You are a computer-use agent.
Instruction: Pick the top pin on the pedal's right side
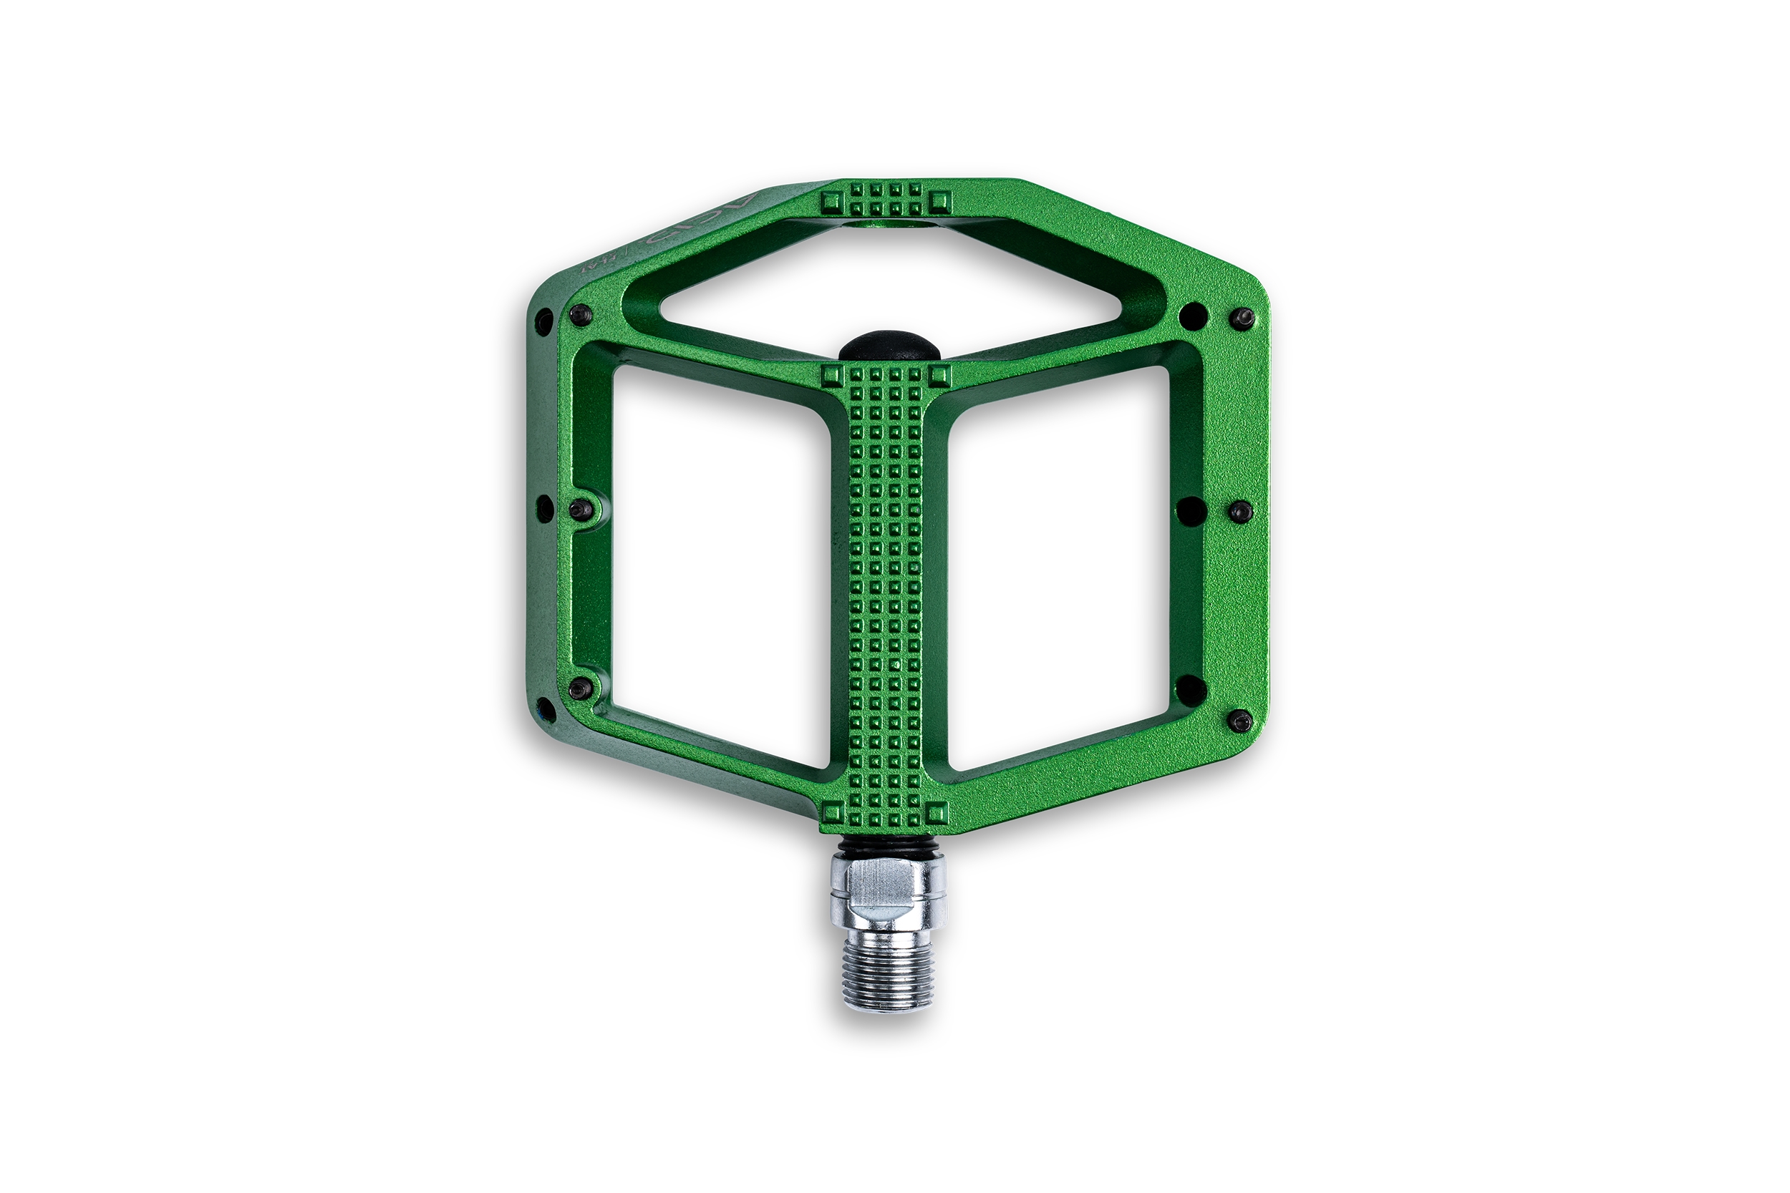tap(1242, 317)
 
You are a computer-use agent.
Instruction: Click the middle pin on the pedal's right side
tap(1241, 511)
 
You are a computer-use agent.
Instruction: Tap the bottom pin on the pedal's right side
tap(1241, 720)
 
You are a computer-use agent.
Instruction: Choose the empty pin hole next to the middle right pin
tap(1191, 510)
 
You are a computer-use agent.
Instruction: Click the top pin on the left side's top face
tap(581, 313)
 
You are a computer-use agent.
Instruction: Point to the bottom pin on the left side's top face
tap(581, 688)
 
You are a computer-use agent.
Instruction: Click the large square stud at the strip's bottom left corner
tap(833, 813)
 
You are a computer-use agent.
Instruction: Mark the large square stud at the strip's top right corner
tap(940, 374)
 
